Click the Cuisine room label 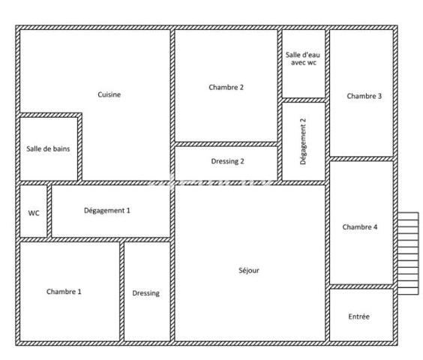pos(109,94)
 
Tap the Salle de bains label pos(48,148)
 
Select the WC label pos(34,212)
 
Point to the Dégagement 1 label pos(106,211)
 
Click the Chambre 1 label pos(64,292)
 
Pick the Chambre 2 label pos(226,88)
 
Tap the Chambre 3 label pos(364,96)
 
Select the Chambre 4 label pos(360,227)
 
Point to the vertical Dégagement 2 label pos(303,142)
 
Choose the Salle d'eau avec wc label pos(304,59)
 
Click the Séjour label pos(248,270)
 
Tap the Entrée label pos(358,317)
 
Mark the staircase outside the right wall pos(407,253)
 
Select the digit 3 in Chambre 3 pos(380,96)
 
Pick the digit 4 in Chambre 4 pos(376,227)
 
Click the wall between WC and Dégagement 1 pos(49,211)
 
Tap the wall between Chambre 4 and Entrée pos(361,286)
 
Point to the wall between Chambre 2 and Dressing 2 pos(226,143)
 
